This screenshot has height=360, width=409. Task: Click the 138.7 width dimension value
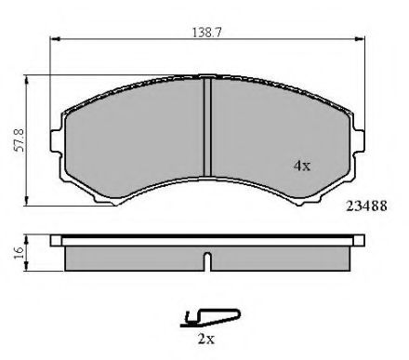207,33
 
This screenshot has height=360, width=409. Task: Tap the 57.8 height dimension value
20,140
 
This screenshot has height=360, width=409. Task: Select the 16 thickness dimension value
19,253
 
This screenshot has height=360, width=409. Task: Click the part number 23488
366,207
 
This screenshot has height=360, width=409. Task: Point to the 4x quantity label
302,166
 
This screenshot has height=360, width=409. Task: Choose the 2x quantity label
206,339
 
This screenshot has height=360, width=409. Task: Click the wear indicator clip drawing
210,318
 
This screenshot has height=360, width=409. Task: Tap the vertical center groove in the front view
207,127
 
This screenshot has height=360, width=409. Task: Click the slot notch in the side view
208,261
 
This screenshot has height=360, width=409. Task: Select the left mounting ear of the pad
56,141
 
